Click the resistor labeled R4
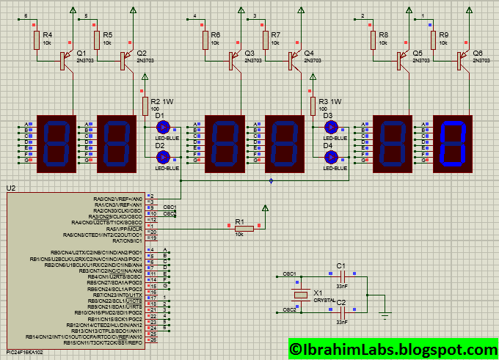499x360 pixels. [35, 40]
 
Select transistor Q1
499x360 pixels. [65, 62]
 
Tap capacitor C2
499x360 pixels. [340, 311]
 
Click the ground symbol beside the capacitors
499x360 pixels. [384, 315]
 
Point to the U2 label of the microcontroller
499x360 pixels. [10, 188]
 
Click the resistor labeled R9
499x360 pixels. [434, 40]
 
